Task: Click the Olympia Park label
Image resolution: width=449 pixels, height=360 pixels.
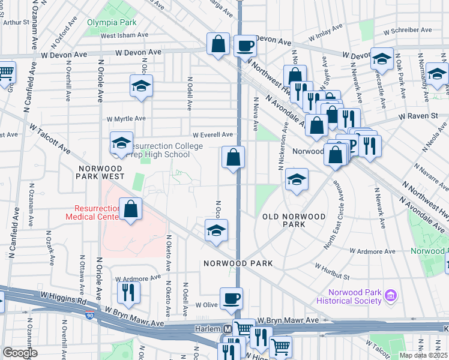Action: (111, 23)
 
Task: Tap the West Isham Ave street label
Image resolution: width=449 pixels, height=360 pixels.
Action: (125, 35)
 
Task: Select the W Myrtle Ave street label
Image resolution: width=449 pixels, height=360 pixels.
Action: (126, 119)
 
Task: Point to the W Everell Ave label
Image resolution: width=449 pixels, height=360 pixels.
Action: (212, 135)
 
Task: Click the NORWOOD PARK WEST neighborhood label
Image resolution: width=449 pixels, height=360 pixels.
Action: (100, 172)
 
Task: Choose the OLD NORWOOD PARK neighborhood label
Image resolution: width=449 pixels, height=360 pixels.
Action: (294, 220)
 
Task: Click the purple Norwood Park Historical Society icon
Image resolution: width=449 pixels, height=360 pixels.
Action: (391, 295)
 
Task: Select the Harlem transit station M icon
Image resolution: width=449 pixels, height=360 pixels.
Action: (228, 329)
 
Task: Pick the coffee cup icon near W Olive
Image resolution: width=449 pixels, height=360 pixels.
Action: (231, 298)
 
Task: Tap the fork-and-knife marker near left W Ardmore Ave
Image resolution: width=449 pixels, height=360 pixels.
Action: (128, 292)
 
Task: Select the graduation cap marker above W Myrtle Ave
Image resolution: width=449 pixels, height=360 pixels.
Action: (141, 86)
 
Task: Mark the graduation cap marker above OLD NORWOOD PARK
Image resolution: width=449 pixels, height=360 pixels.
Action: (297, 179)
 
